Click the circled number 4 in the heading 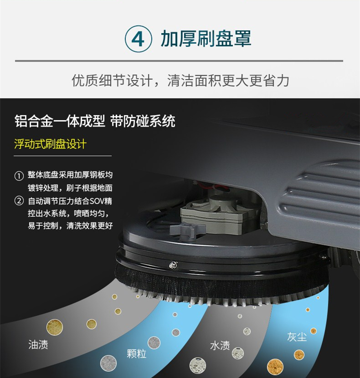coord(138,39)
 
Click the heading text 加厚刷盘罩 coord(206,39)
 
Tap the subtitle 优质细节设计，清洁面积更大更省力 coord(180,81)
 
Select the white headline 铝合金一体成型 coord(60,121)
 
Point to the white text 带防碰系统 coord(143,121)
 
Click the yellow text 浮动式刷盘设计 coord(50,144)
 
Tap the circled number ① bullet coord(19,176)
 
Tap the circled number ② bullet coord(19,201)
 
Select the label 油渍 coord(38,344)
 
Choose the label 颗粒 coord(137,353)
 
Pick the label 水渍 coord(220,346)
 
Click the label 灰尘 coord(297,337)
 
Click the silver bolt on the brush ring coord(173,265)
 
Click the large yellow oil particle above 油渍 coord(55,327)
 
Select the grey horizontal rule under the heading coord(179,61)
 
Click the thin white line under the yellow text coord(63,156)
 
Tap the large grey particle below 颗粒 coord(108,363)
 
